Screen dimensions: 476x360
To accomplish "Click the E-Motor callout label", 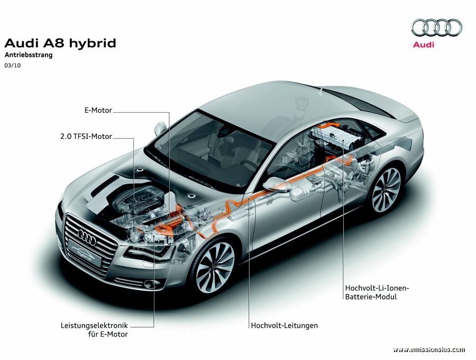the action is pyautogui.click(x=98, y=110).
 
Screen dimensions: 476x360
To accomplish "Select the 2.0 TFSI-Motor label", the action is pyautogui.click(x=86, y=137).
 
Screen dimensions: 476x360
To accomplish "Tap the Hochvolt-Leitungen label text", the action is pyautogui.click(x=284, y=326).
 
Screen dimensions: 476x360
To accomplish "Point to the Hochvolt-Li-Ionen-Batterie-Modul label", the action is pyautogui.click(x=377, y=292).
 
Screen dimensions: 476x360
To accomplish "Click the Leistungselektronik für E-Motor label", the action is pyautogui.click(x=94, y=330).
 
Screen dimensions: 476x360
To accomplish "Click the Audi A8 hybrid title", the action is pyautogui.click(x=60, y=43).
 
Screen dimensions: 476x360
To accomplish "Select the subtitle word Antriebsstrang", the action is pyautogui.click(x=29, y=55).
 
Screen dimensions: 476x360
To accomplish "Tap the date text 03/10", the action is pyautogui.click(x=13, y=65).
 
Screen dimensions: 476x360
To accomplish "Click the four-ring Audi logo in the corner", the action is pyautogui.click(x=436, y=28).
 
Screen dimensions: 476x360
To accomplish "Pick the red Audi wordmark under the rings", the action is pyautogui.click(x=424, y=44).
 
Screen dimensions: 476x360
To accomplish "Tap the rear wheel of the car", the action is pyautogui.click(x=386, y=190).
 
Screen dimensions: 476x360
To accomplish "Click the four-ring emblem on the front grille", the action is pyautogui.click(x=87, y=237).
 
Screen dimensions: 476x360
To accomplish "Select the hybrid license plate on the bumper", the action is pyautogui.click(x=85, y=253).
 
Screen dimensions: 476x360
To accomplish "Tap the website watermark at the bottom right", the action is pyautogui.click(x=428, y=349).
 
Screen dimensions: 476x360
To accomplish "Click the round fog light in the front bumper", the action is pyautogui.click(x=149, y=284).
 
